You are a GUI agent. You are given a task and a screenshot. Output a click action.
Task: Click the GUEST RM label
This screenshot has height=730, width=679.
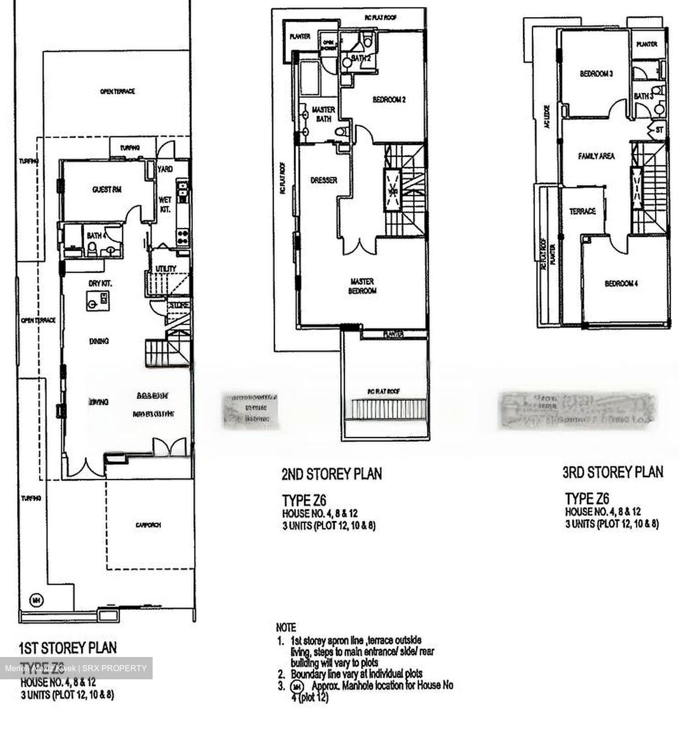pyautogui.click(x=106, y=190)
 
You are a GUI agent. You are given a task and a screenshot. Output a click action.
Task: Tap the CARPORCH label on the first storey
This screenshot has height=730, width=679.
pyautogui.click(x=148, y=525)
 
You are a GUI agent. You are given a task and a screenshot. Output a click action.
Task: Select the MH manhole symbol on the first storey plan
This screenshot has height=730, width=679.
pyautogui.click(x=36, y=600)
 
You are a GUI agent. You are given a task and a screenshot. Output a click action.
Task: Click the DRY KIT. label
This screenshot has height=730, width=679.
pyautogui.click(x=100, y=283)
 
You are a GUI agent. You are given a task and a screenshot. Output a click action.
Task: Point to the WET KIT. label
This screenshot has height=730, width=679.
pyautogui.click(x=165, y=204)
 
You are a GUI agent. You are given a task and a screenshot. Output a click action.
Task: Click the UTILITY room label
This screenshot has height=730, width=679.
pyautogui.click(x=166, y=269)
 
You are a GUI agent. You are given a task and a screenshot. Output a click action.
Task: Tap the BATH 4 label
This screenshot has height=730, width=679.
pyautogui.click(x=96, y=236)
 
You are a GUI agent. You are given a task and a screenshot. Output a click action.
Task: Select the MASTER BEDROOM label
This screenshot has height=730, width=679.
pyautogui.click(x=363, y=286)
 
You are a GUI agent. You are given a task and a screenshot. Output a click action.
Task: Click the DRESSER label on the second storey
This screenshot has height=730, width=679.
pyautogui.click(x=324, y=180)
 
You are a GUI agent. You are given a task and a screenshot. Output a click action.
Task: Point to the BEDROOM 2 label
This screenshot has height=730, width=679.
pyautogui.click(x=389, y=100)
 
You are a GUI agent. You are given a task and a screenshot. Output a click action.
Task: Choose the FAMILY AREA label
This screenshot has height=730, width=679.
pyautogui.click(x=596, y=156)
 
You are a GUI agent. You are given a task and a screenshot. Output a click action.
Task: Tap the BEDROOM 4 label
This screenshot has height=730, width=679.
pyautogui.click(x=621, y=283)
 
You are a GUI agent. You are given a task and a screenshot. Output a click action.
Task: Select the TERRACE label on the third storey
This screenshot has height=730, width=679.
pyautogui.click(x=582, y=211)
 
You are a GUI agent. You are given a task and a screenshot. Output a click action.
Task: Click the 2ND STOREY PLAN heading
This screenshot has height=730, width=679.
pyautogui.click(x=331, y=474)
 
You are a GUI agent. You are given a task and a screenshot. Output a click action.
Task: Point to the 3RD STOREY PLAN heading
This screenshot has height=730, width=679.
pyautogui.click(x=613, y=472)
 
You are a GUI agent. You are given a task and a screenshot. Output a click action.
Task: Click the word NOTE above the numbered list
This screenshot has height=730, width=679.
pyautogui.click(x=286, y=628)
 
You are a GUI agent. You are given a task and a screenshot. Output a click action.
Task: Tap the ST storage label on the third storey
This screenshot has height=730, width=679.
pyautogui.click(x=659, y=130)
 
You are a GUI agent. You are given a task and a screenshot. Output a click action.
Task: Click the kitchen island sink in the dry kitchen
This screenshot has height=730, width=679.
pyautogui.click(x=93, y=304)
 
